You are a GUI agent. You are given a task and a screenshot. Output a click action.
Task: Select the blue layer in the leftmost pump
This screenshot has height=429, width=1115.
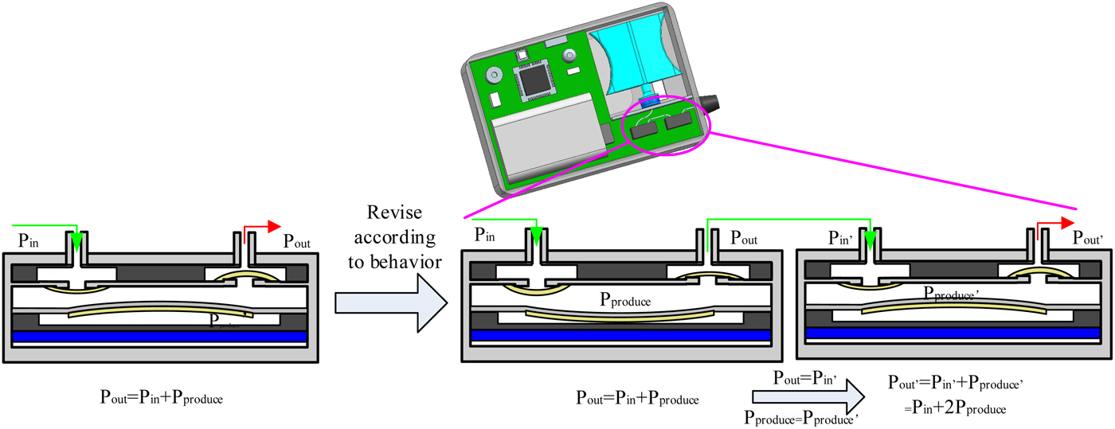[160, 337]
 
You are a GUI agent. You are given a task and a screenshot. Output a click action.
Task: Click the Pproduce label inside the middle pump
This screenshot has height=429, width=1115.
[625, 302]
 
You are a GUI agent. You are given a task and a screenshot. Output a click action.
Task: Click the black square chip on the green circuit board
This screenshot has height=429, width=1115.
[533, 80]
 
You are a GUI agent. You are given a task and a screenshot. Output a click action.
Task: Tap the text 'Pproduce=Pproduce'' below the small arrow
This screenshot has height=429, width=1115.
[800, 416]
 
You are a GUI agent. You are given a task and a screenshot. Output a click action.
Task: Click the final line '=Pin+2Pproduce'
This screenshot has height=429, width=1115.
[955, 408]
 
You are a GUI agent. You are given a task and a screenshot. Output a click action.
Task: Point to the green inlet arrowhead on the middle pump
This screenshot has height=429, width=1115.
[536, 236]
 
